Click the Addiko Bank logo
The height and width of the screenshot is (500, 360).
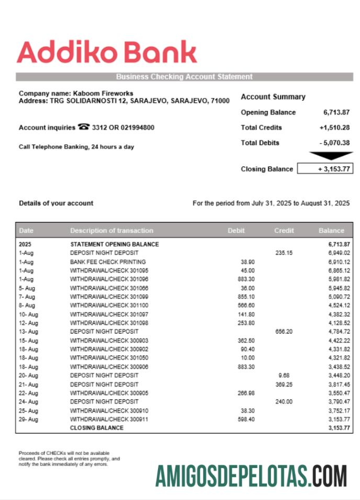tap(107, 52)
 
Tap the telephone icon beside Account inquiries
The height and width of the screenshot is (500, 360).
tap(83, 127)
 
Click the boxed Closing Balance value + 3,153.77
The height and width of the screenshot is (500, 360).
tap(324, 169)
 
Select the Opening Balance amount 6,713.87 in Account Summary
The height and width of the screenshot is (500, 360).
tap(336, 112)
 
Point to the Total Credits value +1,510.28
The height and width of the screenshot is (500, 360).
tap(334, 127)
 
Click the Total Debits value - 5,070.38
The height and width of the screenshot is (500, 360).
tap(334, 142)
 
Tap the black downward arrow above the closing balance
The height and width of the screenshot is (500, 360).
tap(331, 155)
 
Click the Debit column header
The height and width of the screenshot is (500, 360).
tap(236, 230)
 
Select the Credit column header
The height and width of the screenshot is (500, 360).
tap(284, 230)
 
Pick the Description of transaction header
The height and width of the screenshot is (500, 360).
tap(111, 230)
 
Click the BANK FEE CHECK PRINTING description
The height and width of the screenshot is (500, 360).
tap(108, 262)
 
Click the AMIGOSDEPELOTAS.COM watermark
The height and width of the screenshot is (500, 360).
tap(251, 476)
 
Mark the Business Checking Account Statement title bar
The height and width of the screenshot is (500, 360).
tap(184, 76)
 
